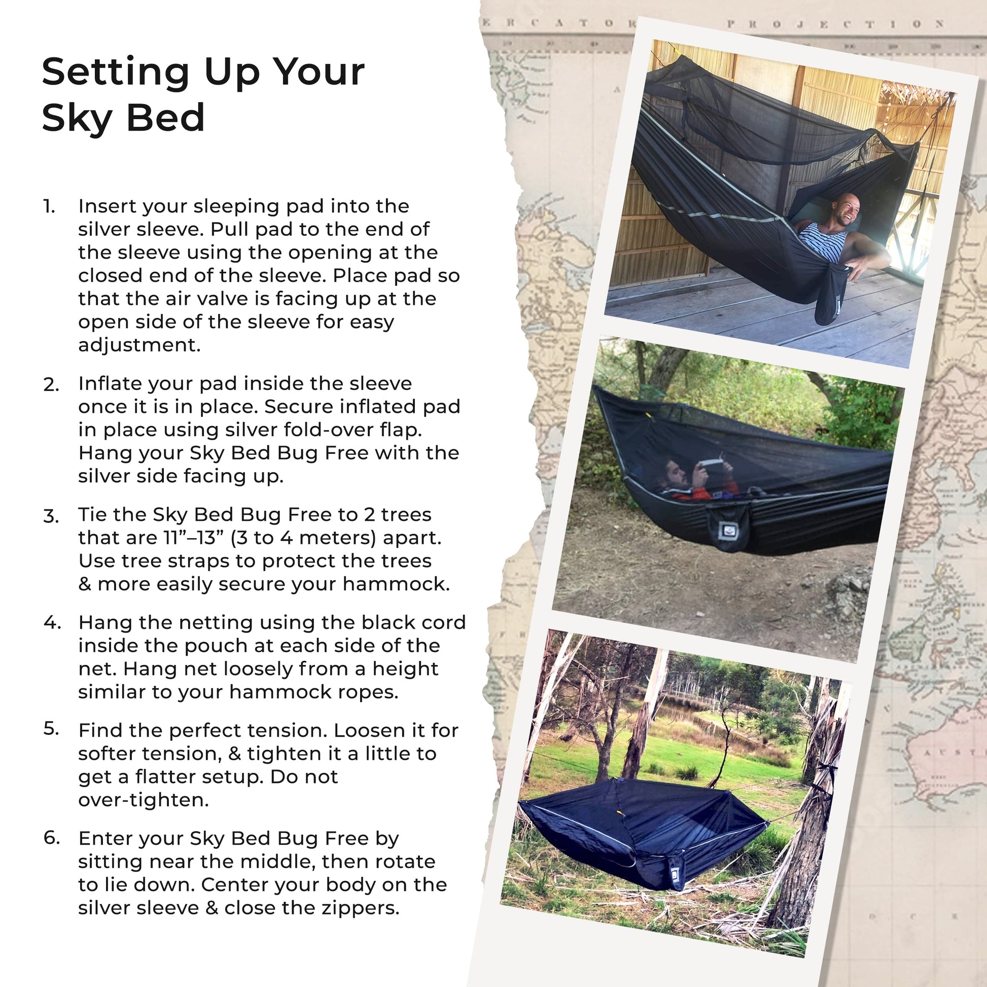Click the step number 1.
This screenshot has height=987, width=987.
click(x=49, y=206)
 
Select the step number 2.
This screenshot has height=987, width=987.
click(x=51, y=384)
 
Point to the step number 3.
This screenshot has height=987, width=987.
click(x=51, y=515)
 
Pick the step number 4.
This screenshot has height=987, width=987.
click(x=52, y=623)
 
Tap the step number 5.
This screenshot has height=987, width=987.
click(x=51, y=729)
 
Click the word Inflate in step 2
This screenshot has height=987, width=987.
click(x=108, y=383)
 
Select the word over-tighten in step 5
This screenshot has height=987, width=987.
click(x=144, y=800)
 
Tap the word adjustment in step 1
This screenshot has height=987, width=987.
click(x=139, y=346)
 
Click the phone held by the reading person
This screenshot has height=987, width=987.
click(x=711, y=462)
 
